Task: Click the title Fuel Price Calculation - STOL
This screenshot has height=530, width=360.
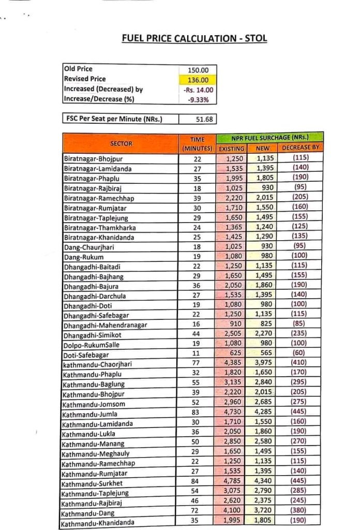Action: coord(194,39)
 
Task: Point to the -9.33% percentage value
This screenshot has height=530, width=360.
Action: coord(199,99)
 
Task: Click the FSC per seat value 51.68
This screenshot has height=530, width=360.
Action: coord(202,119)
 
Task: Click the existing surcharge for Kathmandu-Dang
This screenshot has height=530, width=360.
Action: coord(232,511)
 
